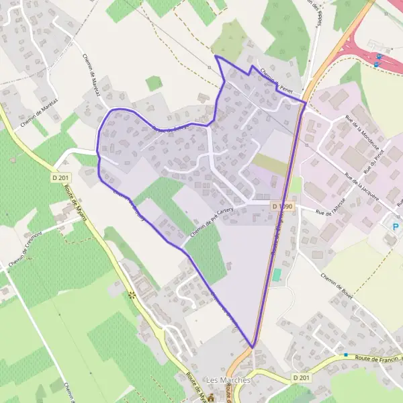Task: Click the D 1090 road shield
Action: tap(283, 206)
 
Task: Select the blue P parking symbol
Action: tap(395, 226)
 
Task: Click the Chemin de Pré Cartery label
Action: tap(214, 221)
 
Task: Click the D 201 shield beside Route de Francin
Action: tap(302, 379)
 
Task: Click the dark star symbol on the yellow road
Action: tap(132, 295)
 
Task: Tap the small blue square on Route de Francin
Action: tap(346, 355)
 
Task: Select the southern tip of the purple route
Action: tap(253, 347)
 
